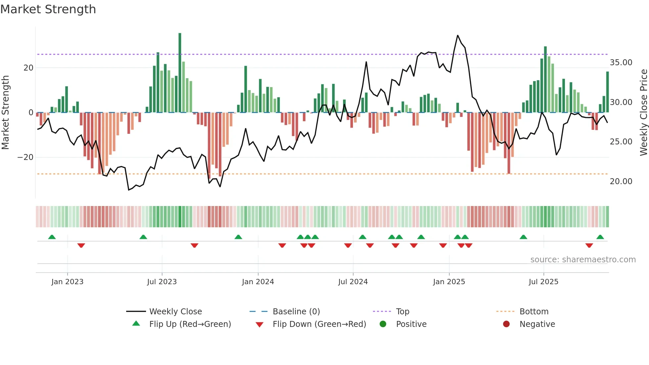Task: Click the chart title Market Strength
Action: [48, 9]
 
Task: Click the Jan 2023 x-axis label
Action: [67, 282]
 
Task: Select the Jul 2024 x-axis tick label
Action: [353, 282]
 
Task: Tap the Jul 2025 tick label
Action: [543, 282]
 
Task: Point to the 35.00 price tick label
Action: [621, 63]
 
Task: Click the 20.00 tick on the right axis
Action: [621, 182]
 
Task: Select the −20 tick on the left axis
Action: [25, 157]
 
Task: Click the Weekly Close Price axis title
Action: [643, 113]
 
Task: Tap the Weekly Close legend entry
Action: [175, 312]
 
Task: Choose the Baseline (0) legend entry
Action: [296, 312]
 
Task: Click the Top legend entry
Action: [402, 312]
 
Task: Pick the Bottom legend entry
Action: [534, 312]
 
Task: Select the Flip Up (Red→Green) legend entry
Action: [190, 324]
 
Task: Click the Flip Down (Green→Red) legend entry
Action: [319, 324]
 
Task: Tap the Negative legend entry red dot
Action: [506, 324]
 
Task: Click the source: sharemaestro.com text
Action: [583, 260]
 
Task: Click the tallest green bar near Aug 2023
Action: [180, 73]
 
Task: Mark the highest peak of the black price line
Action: [458, 35]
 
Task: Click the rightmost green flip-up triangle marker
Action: [600, 237]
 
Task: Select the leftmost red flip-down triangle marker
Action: [81, 245]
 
